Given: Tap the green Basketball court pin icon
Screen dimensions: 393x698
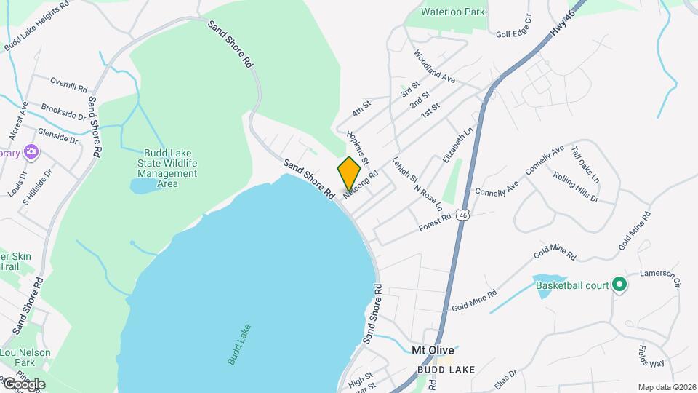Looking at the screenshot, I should pyautogui.click(x=619, y=285).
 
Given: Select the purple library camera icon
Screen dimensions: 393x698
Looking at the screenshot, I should pyautogui.click(x=31, y=152).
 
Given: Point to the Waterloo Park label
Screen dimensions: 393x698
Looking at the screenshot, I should pyautogui.click(x=452, y=12).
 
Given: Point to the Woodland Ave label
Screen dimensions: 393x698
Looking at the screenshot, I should pyautogui.click(x=435, y=66).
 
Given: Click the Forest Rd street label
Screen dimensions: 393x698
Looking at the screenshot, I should pyautogui.click(x=436, y=223).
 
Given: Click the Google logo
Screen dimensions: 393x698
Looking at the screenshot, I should pyautogui.click(x=23, y=384).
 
